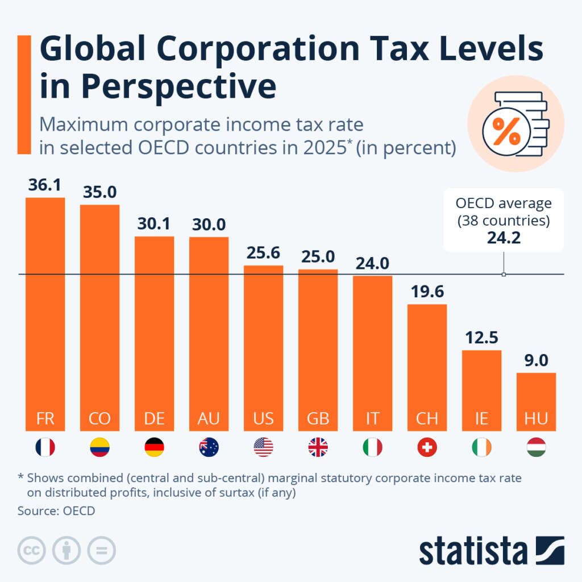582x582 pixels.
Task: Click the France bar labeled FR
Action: (x=45, y=313)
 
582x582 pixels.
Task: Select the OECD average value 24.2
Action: (x=503, y=238)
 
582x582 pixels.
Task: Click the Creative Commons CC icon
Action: (x=31, y=550)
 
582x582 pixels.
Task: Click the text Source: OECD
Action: (x=56, y=510)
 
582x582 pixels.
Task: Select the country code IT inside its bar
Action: (x=372, y=419)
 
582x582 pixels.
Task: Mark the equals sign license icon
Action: (x=101, y=550)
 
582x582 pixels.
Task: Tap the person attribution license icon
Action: (x=66, y=550)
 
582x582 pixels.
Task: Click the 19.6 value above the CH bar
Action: (x=427, y=291)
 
